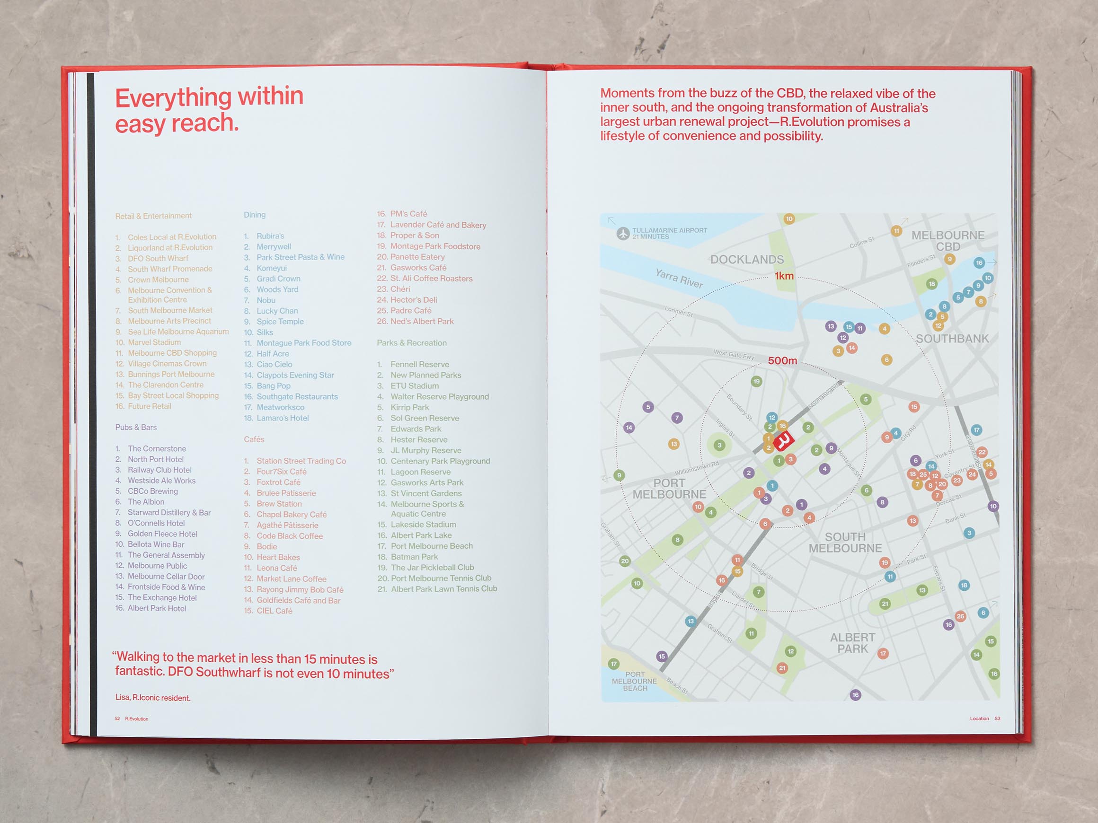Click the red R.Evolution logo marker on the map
point(784,440)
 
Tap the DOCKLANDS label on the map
point(746,260)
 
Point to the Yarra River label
point(679,278)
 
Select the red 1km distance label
point(784,276)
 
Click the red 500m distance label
point(782,360)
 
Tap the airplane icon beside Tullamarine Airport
point(623,233)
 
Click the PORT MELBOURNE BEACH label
point(635,681)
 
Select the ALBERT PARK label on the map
point(852,643)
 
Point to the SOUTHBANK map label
point(952,339)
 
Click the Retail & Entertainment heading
point(153,216)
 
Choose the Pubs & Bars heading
point(136,427)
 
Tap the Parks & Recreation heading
point(411,343)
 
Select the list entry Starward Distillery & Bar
point(169,512)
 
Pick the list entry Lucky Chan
point(277,311)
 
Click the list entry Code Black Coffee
point(289,536)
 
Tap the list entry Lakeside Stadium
point(423,525)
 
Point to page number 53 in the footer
point(997,718)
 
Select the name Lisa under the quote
point(123,698)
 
